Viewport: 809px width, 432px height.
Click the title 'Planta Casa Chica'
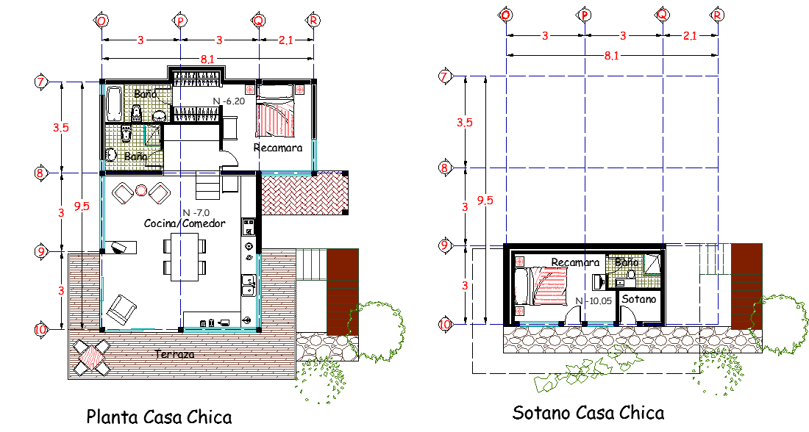coord(159,417)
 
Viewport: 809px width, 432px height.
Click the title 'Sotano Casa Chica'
coord(588,412)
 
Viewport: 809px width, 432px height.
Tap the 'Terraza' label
coord(175,354)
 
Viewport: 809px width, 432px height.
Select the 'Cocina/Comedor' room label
coord(185,223)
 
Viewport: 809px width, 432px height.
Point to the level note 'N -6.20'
coord(229,101)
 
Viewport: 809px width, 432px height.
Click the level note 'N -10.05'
coord(594,301)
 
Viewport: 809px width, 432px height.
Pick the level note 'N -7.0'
coord(196,212)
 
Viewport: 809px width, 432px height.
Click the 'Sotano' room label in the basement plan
coord(638,299)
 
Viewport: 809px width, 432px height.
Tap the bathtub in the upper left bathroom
coord(113,104)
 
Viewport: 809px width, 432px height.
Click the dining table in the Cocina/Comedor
coord(185,257)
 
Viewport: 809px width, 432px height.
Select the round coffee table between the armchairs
coord(141,190)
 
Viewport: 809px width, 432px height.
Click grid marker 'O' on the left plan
coord(101,21)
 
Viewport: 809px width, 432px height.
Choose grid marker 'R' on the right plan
coord(717,15)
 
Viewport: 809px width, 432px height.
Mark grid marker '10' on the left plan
coord(40,329)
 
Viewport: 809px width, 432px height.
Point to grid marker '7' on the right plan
coord(444,77)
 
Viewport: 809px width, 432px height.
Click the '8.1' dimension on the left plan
coord(207,60)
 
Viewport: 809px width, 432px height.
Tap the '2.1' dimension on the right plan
coord(690,35)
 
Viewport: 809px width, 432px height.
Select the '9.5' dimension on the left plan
coord(82,206)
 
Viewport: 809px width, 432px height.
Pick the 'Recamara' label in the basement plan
coord(575,262)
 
